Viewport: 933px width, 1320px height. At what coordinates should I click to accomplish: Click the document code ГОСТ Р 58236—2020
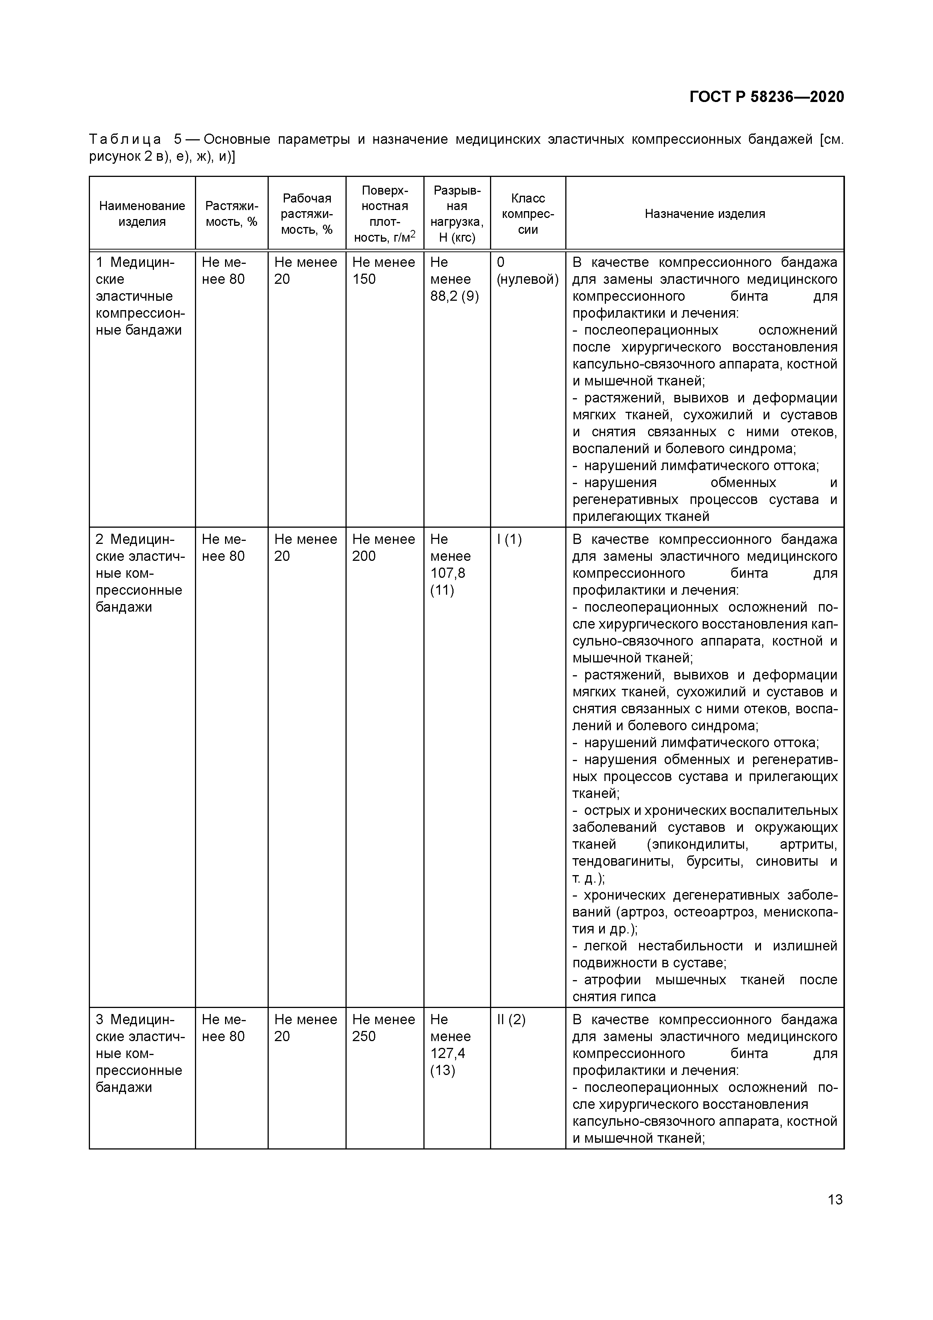click(766, 97)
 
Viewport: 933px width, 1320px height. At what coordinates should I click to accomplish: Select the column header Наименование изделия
click(142, 213)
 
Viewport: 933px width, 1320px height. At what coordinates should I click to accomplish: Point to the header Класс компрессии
click(528, 213)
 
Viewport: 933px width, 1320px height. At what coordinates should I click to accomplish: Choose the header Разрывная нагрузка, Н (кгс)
click(457, 213)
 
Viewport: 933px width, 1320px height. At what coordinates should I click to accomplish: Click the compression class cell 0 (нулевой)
click(527, 271)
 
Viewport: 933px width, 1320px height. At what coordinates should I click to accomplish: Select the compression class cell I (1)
click(509, 539)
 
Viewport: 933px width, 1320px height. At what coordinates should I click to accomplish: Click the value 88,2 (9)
click(455, 296)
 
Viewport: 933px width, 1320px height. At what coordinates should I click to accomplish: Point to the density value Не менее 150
click(384, 271)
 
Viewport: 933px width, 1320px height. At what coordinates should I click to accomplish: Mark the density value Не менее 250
click(384, 1028)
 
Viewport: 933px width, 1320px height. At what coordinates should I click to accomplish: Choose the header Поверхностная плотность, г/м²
click(385, 213)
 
